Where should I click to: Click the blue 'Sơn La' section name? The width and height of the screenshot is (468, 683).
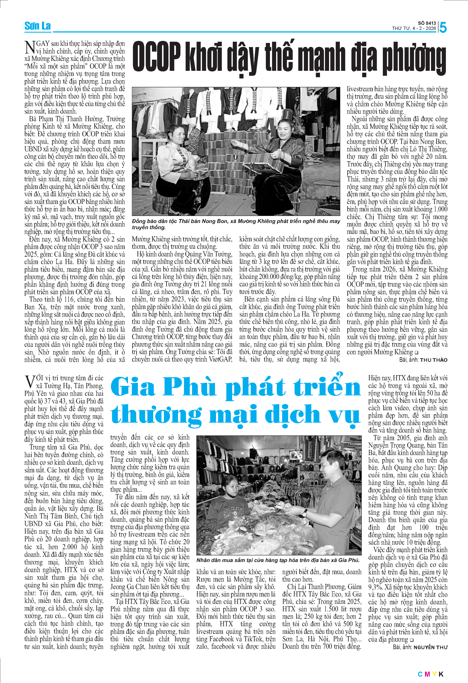click(37, 26)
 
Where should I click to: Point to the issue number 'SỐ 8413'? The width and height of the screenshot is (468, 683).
click(427, 23)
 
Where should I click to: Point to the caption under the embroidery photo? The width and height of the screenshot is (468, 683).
click(236, 224)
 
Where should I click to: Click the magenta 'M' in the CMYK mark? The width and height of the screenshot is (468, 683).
click(427, 674)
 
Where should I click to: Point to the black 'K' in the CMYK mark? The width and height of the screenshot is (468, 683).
click(441, 674)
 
